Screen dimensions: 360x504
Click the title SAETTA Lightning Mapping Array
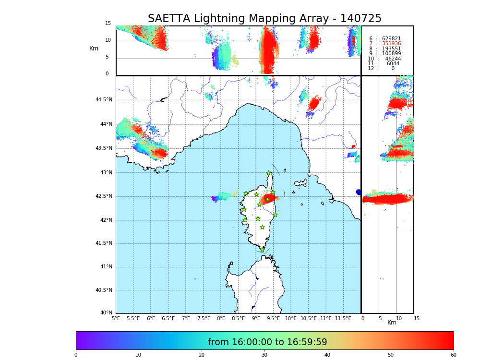pos(264,19)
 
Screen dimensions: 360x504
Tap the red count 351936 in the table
pos(391,44)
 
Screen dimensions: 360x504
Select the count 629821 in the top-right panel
pos(391,39)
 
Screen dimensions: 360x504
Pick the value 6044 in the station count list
pos(393,64)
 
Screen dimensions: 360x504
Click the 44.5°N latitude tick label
pos(104,100)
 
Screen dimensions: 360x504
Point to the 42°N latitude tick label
pos(106,220)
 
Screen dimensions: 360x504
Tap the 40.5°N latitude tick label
pos(104,290)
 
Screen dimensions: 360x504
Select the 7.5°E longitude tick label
pos(204,318)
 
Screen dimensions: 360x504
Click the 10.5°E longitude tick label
pos(309,318)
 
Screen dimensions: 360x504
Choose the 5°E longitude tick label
pos(116,318)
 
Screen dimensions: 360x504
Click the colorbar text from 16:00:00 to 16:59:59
pos(267,342)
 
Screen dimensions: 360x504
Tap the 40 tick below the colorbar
pos(327,355)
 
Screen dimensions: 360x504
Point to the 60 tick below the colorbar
pos(453,355)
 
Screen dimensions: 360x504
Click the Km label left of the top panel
pos(94,48)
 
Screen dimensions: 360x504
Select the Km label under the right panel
pos(392,323)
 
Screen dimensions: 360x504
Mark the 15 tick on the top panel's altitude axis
pos(108,24)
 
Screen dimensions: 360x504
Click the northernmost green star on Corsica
pos(269,173)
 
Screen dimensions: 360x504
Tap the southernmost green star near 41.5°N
pos(262,250)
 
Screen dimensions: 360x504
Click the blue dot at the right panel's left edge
pos(359,192)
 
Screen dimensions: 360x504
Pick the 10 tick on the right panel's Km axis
pos(399,318)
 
